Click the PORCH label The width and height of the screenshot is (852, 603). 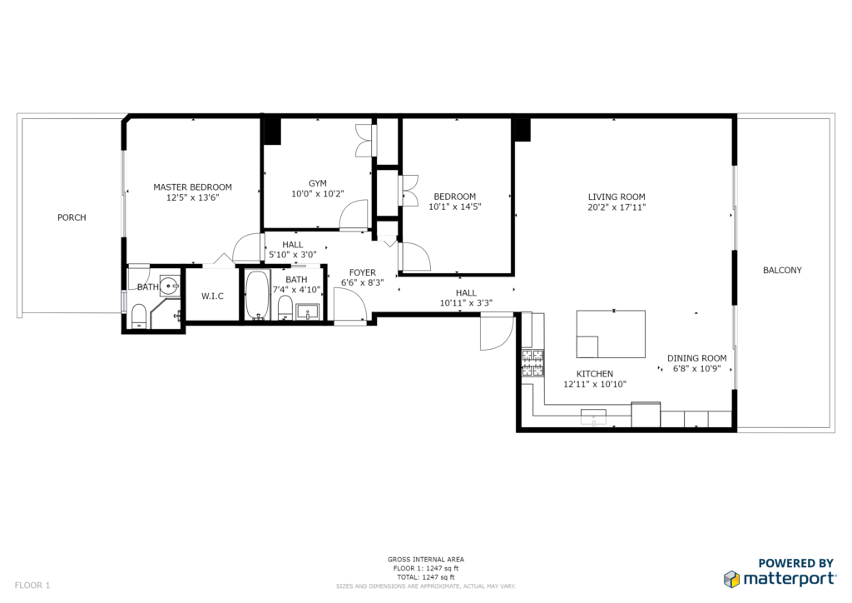coord(72,217)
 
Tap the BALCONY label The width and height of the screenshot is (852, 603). coord(782,270)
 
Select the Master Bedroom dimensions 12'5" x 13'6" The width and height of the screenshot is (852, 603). coord(192,198)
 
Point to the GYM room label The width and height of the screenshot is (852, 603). coord(317,184)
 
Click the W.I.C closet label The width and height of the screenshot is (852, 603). coord(212,297)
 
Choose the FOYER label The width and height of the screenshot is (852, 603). coord(363,273)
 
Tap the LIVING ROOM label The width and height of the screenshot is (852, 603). coord(617,197)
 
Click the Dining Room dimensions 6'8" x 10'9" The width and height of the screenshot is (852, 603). coord(696,369)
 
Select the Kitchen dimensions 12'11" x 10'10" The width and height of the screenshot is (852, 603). coord(595,385)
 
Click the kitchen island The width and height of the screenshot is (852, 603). coord(611,334)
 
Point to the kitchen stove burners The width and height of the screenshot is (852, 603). coord(532,363)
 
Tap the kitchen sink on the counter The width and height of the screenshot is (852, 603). coord(593,417)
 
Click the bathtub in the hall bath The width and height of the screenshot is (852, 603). coord(257,295)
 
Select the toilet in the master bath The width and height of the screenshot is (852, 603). coord(139,316)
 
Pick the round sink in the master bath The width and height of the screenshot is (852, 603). coord(171,285)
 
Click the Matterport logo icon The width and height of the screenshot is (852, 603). coord(731,579)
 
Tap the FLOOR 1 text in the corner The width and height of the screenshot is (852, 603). coord(32,586)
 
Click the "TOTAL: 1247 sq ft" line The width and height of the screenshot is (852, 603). coord(425,577)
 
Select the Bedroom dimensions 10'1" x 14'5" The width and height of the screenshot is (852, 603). coord(455,207)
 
